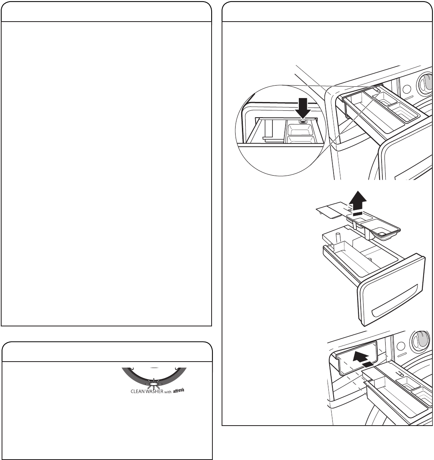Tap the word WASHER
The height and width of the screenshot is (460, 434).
coord(154,392)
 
